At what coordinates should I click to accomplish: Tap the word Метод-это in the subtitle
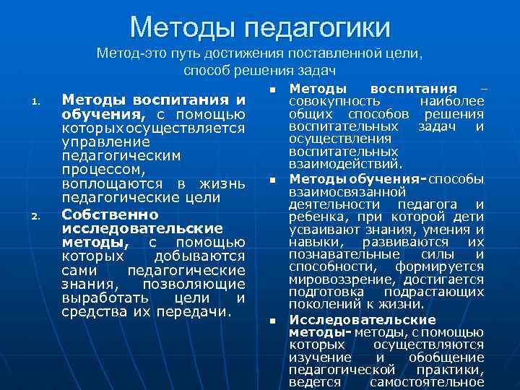point(126,53)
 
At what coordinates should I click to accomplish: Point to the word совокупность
point(325,102)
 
